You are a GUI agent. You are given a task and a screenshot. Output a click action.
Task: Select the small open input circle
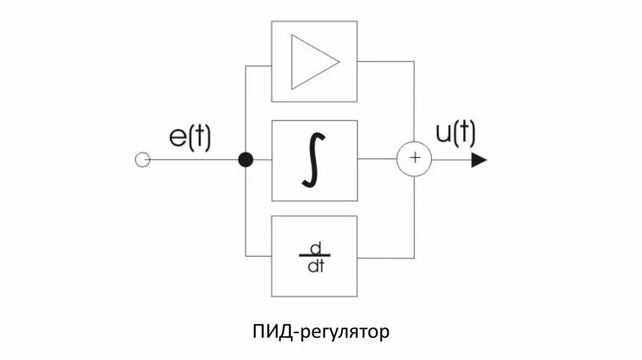click(x=142, y=160)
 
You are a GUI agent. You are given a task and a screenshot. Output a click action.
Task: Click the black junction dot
click(x=246, y=160)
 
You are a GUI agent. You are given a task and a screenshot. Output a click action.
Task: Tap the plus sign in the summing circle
click(x=414, y=158)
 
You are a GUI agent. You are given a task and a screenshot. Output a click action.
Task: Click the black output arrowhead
click(x=479, y=160)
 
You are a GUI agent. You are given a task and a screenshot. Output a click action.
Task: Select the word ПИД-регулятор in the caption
click(x=320, y=331)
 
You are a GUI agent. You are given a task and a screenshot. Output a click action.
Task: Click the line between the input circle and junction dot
click(x=194, y=160)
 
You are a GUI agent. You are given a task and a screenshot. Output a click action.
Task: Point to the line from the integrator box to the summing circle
click(x=377, y=159)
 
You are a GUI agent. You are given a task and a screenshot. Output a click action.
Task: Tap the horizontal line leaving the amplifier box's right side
click(x=386, y=61)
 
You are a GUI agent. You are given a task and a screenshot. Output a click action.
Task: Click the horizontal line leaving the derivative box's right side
click(x=386, y=257)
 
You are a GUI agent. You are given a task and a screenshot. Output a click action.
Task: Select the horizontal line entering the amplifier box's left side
click(x=258, y=65)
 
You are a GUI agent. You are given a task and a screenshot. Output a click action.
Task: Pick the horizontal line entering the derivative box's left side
click(x=258, y=256)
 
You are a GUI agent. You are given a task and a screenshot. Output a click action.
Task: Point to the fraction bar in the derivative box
click(x=314, y=257)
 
